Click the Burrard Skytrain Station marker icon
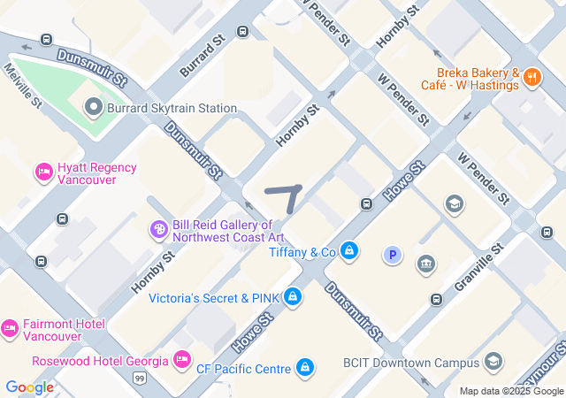click(95, 108)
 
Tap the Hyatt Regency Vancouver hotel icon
click(43, 171)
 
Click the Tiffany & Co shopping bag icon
click(350, 252)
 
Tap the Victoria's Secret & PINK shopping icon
click(293, 298)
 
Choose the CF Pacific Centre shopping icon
click(305, 366)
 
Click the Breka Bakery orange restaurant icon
click(532, 77)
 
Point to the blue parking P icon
click(392, 256)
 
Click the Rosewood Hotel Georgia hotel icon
click(182, 359)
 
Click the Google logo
click(29, 387)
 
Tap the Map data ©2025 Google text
click(511, 392)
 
